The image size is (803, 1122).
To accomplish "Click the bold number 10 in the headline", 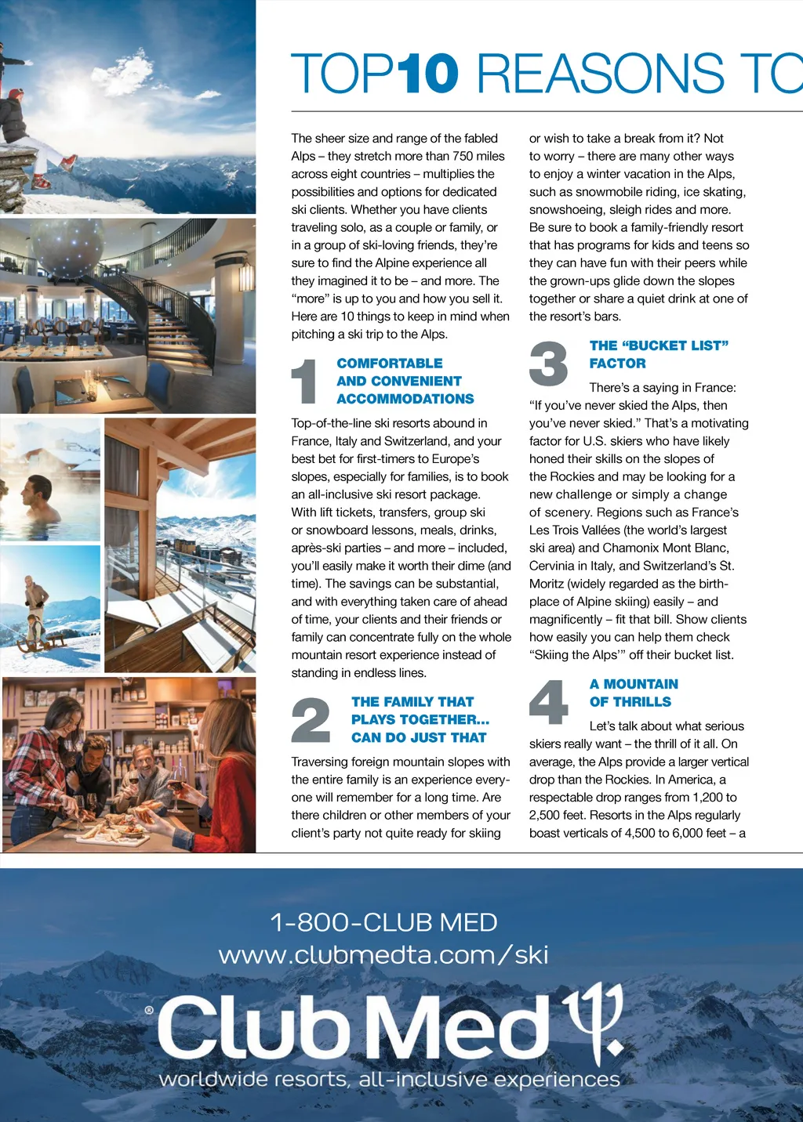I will [428, 74].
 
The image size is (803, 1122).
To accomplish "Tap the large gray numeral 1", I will [304, 382].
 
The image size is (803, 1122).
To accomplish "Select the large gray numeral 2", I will [311, 720].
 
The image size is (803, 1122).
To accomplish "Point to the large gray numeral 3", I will [548, 364].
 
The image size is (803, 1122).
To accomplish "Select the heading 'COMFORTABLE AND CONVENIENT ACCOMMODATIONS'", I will [405, 381].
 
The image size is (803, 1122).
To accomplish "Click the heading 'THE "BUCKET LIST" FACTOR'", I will [659, 354].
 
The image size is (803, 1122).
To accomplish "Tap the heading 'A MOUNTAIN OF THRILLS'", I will [634, 693].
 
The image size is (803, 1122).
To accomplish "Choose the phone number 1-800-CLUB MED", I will [383, 922].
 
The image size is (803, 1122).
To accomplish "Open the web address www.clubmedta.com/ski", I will [383, 955].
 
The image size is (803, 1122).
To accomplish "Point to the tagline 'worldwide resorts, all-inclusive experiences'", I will [389, 1080].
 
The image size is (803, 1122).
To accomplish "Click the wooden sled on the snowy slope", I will [43, 642].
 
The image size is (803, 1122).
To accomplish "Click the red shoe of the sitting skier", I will [69, 163].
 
